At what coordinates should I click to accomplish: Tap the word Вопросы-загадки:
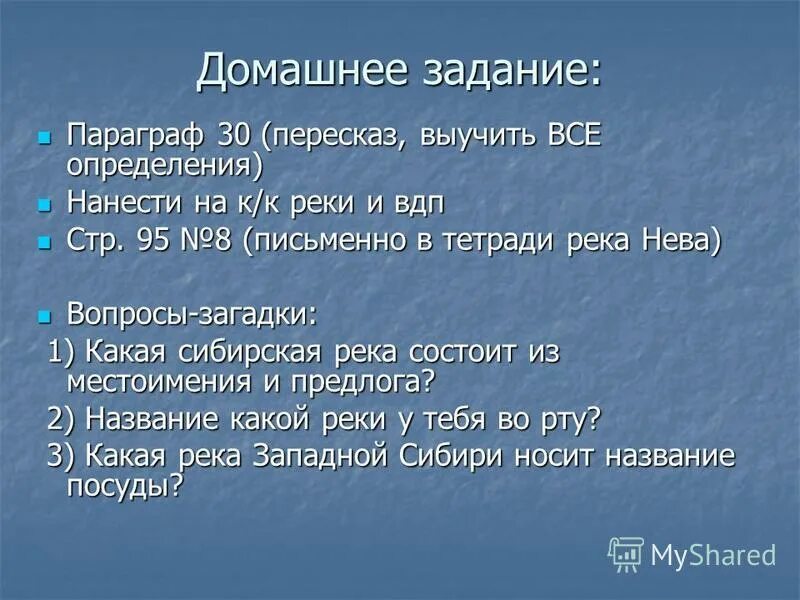pos(191,313)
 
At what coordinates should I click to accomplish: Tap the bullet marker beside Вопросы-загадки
pos(43,314)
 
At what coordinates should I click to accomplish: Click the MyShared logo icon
pos(626,554)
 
